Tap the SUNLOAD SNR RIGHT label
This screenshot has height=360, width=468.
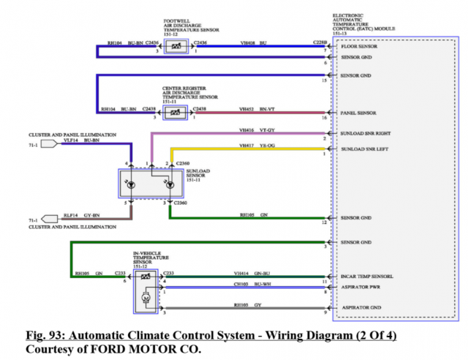(365, 134)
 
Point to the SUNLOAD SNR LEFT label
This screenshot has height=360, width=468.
(363, 149)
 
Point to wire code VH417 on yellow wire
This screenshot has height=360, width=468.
(246, 145)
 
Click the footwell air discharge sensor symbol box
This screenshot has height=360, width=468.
(176, 48)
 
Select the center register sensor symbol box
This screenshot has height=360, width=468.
(176, 113)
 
